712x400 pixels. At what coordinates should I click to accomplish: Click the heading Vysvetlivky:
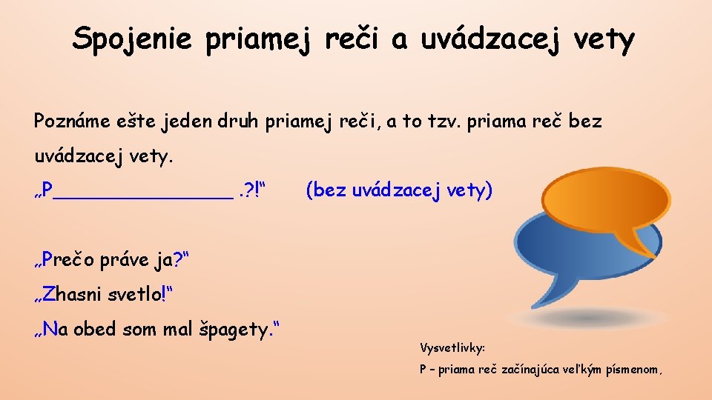(452, 347)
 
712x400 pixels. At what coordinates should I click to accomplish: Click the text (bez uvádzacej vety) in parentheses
(399, 191)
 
